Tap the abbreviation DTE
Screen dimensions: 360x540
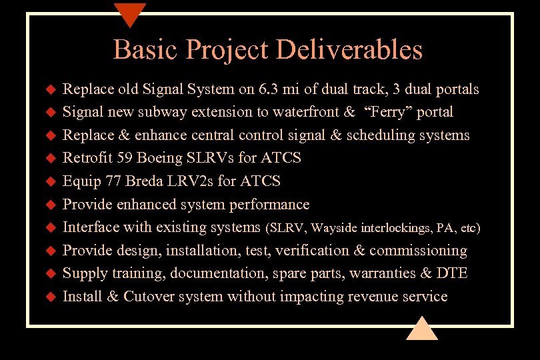click(x=453, y=273)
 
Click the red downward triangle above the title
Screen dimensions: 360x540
click(x=130, y=13)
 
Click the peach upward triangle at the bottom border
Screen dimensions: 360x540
click(x=421, y=329)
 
